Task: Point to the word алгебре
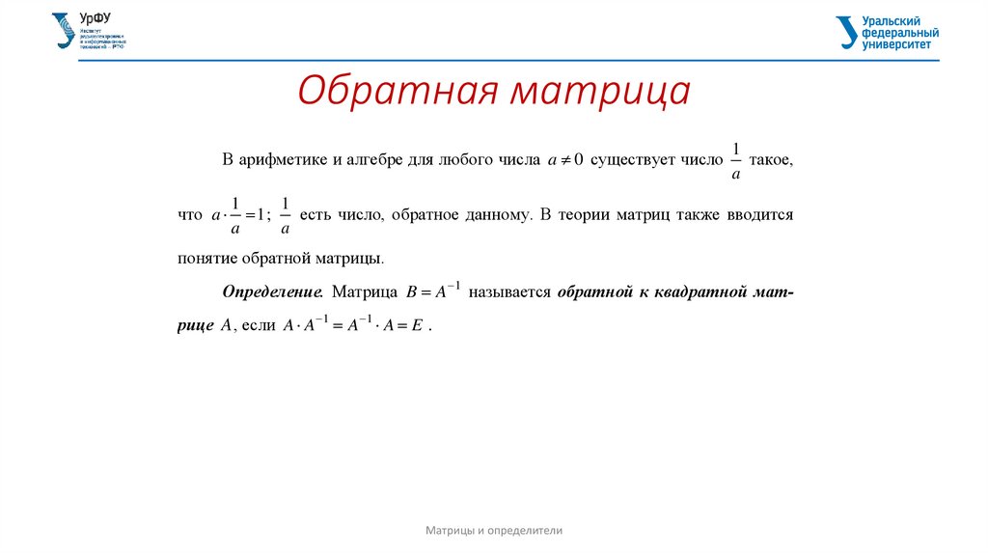pos(373,160)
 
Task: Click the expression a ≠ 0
pos(565,161)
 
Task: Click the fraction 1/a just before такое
pos(735,161)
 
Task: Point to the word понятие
pos(208,259)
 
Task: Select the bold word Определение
pos(272,291)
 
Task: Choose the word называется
pos(508,291)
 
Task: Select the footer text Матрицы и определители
pos(494,530)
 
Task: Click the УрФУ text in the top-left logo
pos(95,19)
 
